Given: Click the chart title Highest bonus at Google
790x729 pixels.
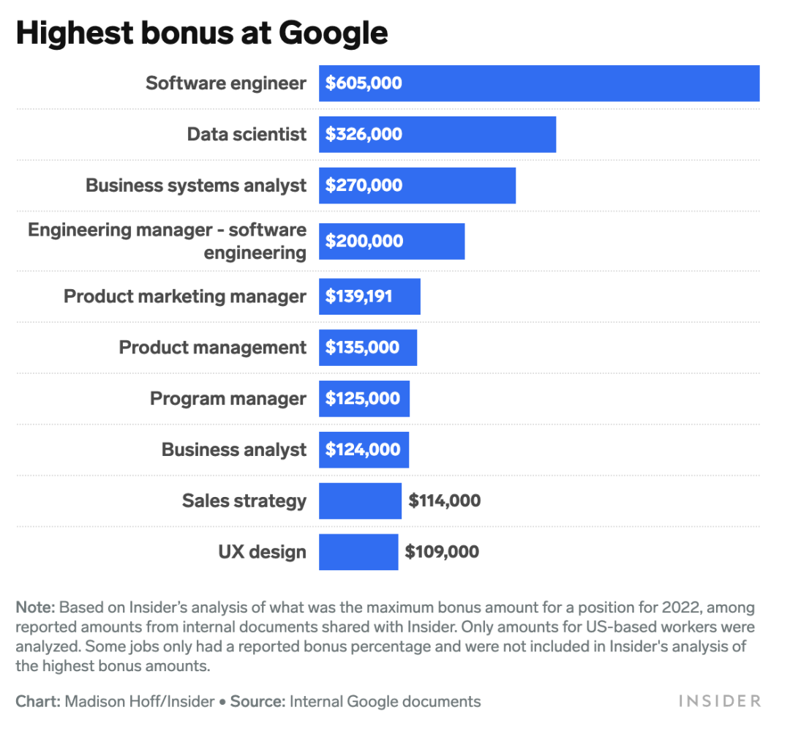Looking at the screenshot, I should point(202,34).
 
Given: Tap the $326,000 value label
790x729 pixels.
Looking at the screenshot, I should point(364,135).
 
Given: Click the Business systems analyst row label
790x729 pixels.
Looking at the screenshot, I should point(196,185).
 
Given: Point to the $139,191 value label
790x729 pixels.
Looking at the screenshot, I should point(359,296).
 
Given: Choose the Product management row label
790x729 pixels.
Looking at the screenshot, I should point(213,348).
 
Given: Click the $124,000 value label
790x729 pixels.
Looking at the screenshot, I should point(364,449).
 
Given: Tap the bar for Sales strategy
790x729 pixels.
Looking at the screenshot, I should point(360,501).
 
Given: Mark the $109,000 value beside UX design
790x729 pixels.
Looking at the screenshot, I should point(443,552).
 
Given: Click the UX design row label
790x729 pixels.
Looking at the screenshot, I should point(262,552).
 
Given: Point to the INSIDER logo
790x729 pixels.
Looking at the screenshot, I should point(720,701).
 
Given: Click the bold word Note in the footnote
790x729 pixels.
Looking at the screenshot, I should point(34,607).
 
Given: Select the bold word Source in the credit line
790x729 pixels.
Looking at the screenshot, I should point(257,702).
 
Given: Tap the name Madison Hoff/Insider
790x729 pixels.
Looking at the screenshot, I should point(140,702).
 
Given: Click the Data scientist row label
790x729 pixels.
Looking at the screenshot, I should point(247,135).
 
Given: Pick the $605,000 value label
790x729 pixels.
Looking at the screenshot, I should point(364,83).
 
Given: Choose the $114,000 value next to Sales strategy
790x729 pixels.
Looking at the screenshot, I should point(445,501).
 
